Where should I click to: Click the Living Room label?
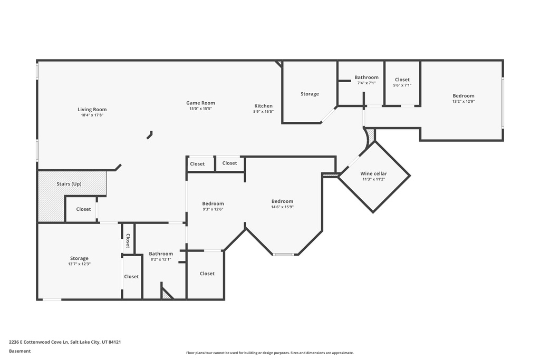tap(92, 110)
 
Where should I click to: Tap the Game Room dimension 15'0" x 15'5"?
tap(200, 109)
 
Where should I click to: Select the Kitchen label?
tap(263, 106)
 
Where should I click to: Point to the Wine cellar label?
tap(373, 173)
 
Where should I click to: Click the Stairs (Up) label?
tap(69, 184)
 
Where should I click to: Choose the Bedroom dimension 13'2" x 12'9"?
tap(463, 101)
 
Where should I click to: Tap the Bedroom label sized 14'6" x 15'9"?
tap(282, 201)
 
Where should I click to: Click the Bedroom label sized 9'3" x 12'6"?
tap(213, 203)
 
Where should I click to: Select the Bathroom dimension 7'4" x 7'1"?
tap(366, 83)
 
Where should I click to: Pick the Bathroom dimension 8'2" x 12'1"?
tap(161, 259)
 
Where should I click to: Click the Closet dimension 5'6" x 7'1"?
tap(402, 85)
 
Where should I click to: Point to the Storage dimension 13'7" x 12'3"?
tap(79, 264)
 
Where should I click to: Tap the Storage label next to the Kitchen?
tap(310, 94)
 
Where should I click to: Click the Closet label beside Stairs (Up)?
tap(83, 209)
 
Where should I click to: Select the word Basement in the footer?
tap(20, 351)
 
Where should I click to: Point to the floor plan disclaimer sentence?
tap(269, 353)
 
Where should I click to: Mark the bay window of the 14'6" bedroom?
tap(283, 255)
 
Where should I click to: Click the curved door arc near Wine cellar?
tap(368, 140)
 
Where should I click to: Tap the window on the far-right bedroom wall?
tap(503, 103)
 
